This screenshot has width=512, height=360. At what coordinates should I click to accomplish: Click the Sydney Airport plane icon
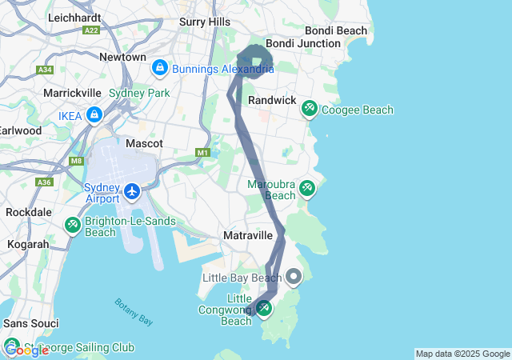coord(133,192)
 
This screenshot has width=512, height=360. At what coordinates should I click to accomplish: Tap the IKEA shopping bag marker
coord(94,115)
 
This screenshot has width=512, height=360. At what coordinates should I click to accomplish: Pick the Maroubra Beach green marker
coord(307,189)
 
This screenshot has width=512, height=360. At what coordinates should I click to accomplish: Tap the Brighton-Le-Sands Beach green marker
coord(73,226)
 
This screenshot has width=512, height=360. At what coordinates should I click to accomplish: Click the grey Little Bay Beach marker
coord(294,278)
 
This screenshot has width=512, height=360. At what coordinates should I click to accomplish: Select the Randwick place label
coord(272,100)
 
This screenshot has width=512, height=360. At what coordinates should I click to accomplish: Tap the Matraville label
coord(248,236)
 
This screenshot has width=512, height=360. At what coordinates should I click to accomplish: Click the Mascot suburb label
coord(145,143)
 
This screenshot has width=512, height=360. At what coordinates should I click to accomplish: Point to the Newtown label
coord(122,58)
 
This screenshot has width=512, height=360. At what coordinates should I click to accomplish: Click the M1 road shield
coord(202,152)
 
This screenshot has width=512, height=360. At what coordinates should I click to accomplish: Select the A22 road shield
coord(90,30)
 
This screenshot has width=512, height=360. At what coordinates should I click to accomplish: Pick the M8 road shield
coord(75,161)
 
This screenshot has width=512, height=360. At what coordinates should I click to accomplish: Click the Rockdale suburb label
coord(28,213)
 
